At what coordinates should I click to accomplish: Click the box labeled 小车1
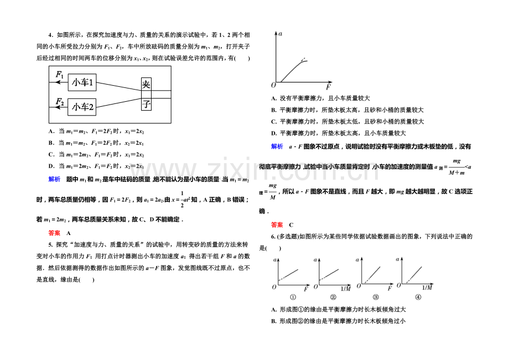[x=82, y=82]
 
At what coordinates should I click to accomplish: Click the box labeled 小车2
[x=82, y=107]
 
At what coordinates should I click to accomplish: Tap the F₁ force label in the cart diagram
[x=60, y=75]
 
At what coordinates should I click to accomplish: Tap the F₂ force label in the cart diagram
[x=60, y=102]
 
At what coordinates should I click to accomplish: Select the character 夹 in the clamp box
[x=146, y=84]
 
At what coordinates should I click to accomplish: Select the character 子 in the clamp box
[x=146, y=104]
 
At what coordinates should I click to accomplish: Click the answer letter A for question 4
[x=69, y=233]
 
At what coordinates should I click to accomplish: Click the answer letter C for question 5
[x=291, y=225]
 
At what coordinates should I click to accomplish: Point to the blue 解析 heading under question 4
[x=54, y=179]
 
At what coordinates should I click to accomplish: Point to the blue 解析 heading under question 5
[x=277, y=147]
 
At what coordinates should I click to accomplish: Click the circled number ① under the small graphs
[x=293, y=297]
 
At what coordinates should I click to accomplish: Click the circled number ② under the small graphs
[x=333, y=297]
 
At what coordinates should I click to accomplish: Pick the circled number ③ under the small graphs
[x=376, y=297]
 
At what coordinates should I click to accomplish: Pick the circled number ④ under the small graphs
[x=418, y=297]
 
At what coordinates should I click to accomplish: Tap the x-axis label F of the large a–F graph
[x=328, y=87]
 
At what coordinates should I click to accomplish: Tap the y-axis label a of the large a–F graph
[x=281, y=34]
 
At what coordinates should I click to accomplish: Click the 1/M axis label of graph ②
[x=346, y=289]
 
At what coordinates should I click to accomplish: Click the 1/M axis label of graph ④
[x=427, y=288]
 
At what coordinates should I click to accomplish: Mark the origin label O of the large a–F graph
[x=273, y=85]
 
